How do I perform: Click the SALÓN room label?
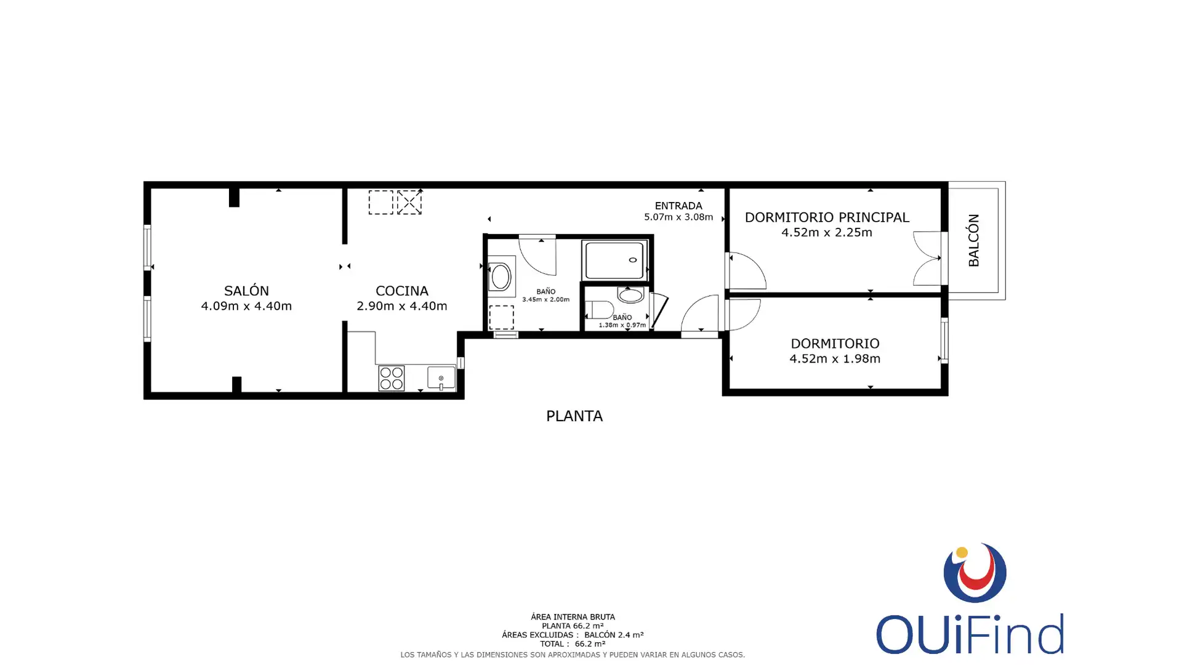click(x=246, y=291)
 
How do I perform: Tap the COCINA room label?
click(x=402, y=291)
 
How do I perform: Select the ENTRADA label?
click(x=678, y=206)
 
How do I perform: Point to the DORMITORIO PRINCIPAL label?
click(x=827, y=217)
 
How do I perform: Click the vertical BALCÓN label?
click(x=973, y=240)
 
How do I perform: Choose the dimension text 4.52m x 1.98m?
click(x=835, y=358)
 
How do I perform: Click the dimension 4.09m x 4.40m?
click(x=246, y=306)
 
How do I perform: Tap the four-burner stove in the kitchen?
click(x=391, y=378)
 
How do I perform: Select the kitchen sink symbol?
click(x=441, y=377)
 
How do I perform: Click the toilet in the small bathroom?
click(x=599, y=309)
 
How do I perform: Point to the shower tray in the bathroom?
click(x=614, y=260)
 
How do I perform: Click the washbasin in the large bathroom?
click(x=501, y=277)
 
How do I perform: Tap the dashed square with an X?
click(x=409, y=202)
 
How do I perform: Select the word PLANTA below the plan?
click(x=574, y=416)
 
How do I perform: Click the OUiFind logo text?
click(x=970, y=634)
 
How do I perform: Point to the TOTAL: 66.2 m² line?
click(x=573, y=644)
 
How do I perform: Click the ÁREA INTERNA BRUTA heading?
click(x=573, y=616)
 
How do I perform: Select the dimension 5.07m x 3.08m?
click(x=678, y=217)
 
